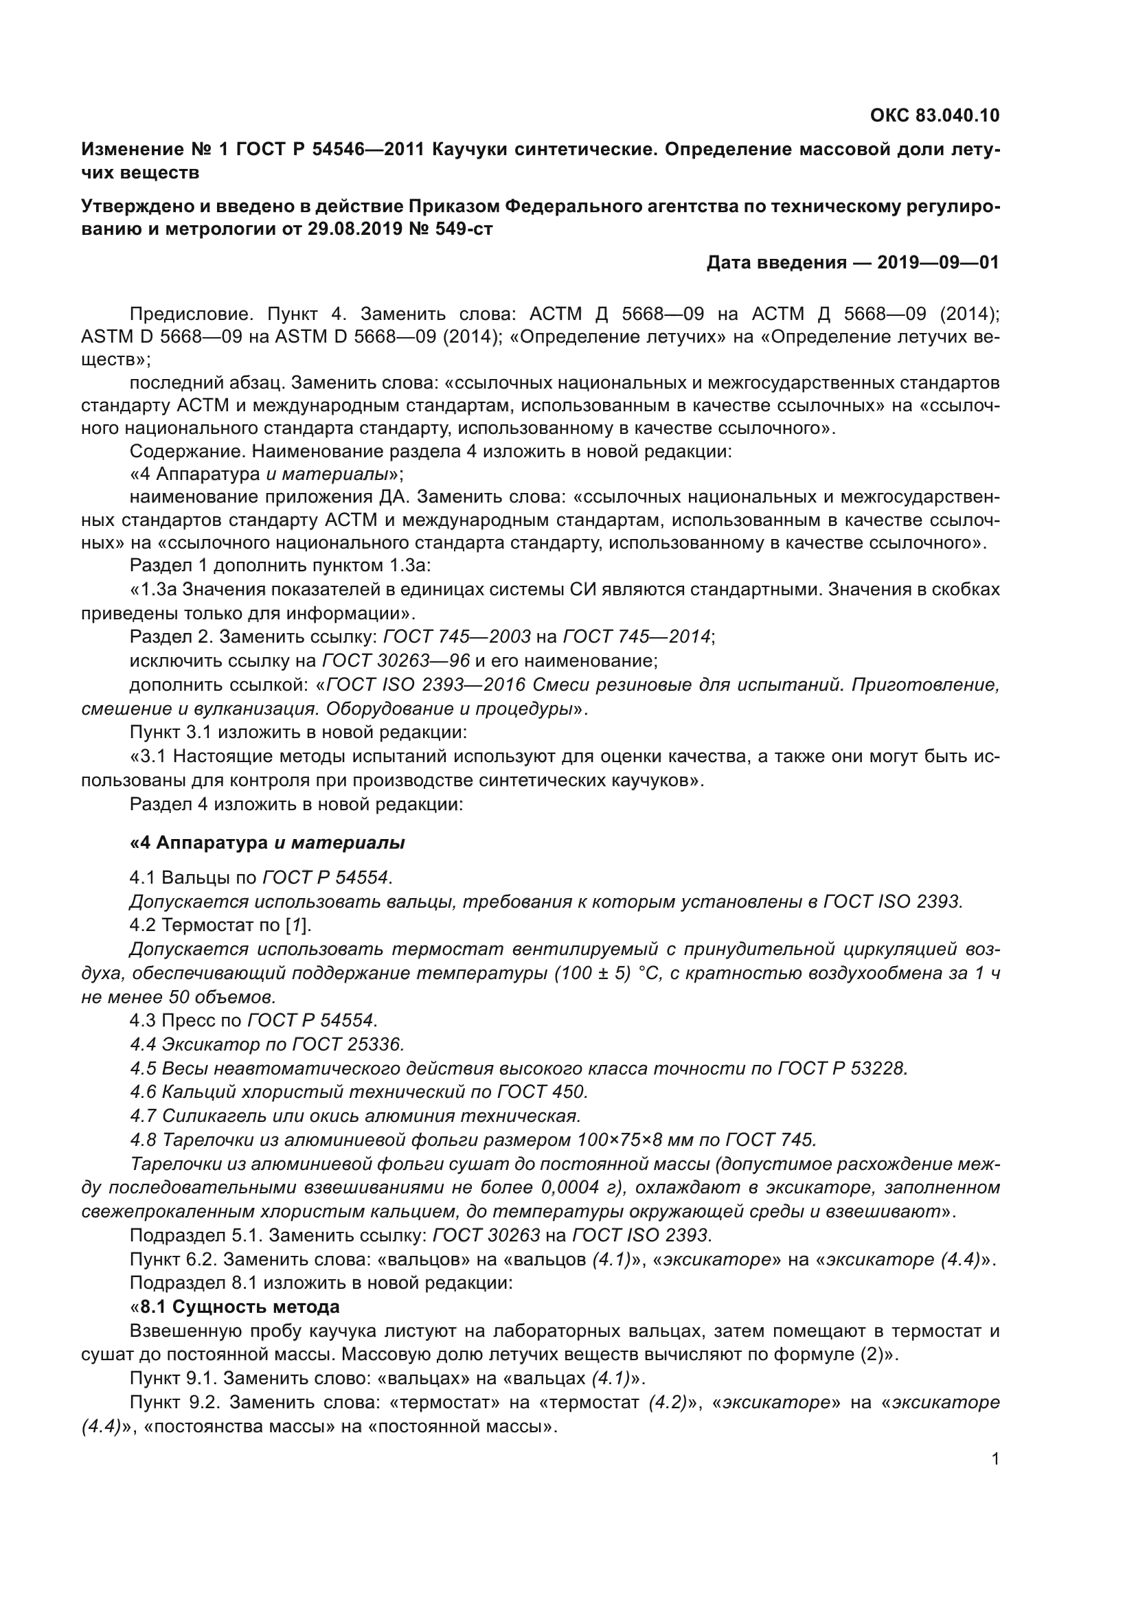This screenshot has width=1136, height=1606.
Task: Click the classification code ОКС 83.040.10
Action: pyautogui.click(x=935, y=115)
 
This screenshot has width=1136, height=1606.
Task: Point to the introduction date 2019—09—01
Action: pyautogui.click(x=938, y=263)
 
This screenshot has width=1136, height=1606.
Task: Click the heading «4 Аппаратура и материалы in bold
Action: pyautogui.click(x=267, y=844)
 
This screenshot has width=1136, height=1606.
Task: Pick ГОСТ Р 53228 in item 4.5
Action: pyautogui.click(x=841, y=1069)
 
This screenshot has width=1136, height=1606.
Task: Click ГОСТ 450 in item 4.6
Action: pyautogui.click(x=542, y=1092)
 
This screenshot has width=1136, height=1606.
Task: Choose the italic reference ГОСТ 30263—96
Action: pyautogui.click(x=396, y=661)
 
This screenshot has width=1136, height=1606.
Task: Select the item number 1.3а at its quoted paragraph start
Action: pyautogui.click(x=159, y=590)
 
